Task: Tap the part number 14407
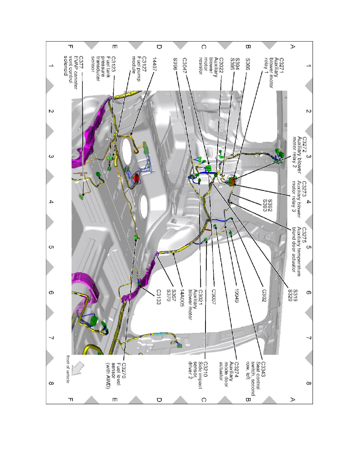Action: coord(154,64)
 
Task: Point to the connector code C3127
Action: coord(144,66)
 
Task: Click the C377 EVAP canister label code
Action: coord(81,63)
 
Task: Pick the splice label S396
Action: coord(175,64)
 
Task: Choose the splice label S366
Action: coord(248,64)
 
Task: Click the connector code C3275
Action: coord(304,236)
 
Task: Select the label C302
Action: coord(264,295)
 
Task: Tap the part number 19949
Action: coord(237,296)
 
